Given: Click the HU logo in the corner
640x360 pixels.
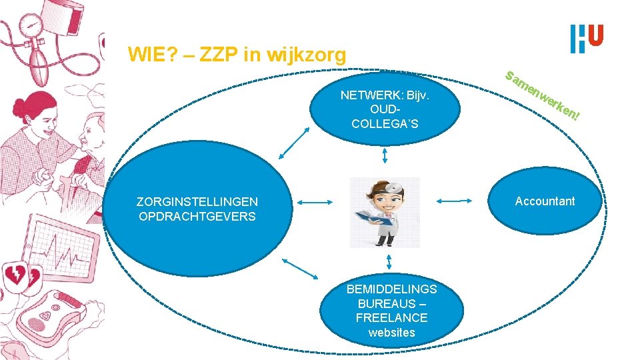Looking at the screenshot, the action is [587, 39].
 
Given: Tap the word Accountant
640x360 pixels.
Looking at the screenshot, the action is [545, 201].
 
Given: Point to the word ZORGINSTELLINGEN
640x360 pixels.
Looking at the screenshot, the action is [197, 201].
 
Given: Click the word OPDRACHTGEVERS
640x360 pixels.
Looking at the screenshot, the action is [197, 217].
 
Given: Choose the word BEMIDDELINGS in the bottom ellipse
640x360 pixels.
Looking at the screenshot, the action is [391, 289].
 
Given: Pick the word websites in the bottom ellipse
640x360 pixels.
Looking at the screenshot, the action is [391, 333].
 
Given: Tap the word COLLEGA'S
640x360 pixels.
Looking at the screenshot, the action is [385, 123].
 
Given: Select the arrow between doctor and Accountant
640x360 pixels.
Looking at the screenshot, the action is [455, 200].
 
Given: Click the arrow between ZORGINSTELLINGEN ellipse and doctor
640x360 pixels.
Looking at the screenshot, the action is [314, 202].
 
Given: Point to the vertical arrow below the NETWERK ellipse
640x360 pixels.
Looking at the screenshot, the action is [385, 155].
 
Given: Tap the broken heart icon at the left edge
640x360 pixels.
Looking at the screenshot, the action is [15, 273].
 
